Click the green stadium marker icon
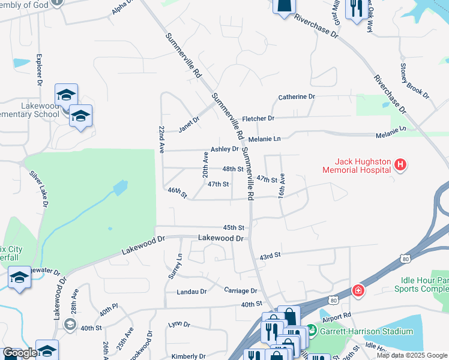[x=311, y=331]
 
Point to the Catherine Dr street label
[x=297, y=97]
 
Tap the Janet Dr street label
[x=189, y=123]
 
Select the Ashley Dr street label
[x=224, y=149]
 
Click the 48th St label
[x=232, y=169]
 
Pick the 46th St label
[x=178, y=193]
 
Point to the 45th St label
[x=234, y=228]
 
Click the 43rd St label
[x=270, y=256]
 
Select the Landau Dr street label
[x=191, y=292]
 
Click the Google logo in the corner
[x=20, y=353]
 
